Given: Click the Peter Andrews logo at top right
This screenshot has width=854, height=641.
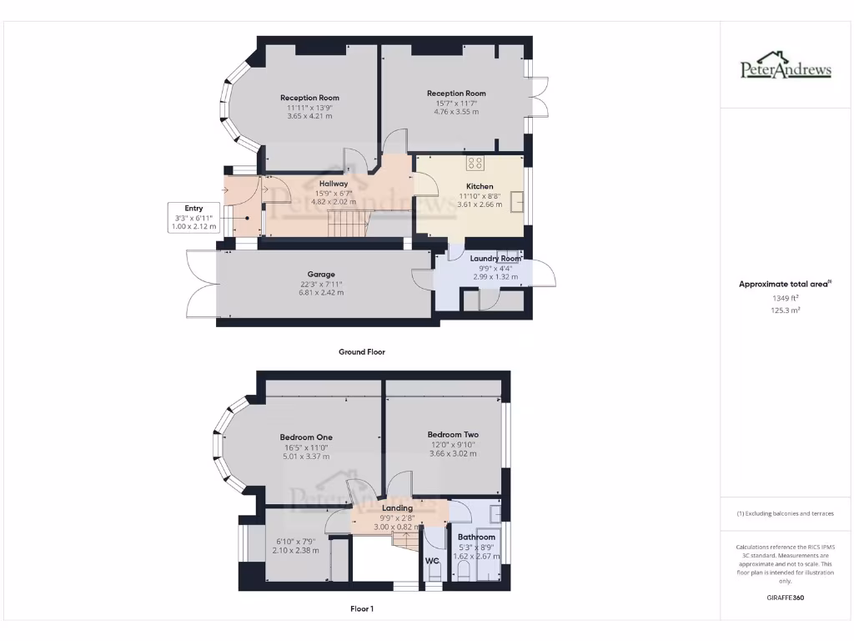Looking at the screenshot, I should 786,68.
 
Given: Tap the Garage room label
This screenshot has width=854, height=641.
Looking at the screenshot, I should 321,274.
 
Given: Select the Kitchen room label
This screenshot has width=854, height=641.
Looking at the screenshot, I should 480,186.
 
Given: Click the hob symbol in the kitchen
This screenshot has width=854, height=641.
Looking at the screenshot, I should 475,164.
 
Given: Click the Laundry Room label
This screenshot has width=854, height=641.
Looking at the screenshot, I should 495,259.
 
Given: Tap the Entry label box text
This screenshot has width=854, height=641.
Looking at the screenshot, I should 193,208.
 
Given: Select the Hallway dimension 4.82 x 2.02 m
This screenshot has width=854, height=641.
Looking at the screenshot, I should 333,201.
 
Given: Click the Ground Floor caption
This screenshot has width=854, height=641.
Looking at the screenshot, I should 362,352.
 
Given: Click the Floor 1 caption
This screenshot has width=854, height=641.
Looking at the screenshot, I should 362,609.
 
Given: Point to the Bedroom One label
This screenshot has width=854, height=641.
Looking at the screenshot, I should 306,437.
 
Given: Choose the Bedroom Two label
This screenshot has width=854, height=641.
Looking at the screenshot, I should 453,434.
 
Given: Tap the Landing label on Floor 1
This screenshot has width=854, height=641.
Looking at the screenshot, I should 397,507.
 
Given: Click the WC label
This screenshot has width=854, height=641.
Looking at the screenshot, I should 432,561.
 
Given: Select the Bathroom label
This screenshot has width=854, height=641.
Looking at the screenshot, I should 475,537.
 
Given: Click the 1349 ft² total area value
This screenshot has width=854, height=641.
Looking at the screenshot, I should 785,297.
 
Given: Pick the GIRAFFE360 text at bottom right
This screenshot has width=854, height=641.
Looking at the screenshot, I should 785,598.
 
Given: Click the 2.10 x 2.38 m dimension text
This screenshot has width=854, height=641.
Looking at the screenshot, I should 297,550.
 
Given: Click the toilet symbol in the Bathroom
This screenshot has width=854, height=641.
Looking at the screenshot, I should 465,570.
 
